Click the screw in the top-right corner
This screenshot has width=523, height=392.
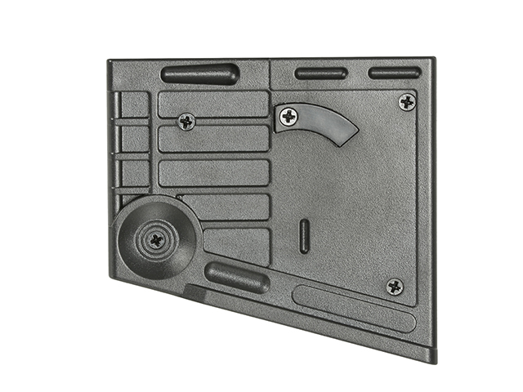click(407, 102)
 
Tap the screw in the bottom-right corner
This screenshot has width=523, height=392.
click(395, 286)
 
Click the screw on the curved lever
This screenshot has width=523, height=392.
click(288, 117)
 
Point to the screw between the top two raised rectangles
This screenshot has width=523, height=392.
click(186, 122)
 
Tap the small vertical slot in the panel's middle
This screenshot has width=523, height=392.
click(304, 235)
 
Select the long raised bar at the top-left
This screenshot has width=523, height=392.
click(199, 73)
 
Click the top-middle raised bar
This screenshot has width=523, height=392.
click(321, 73)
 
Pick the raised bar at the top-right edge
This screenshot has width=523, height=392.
click(394, 73)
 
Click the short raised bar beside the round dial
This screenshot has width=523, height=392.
click(236, 278)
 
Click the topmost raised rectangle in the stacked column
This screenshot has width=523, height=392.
click(212, 104)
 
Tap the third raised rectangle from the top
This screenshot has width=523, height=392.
click(214, 172)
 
